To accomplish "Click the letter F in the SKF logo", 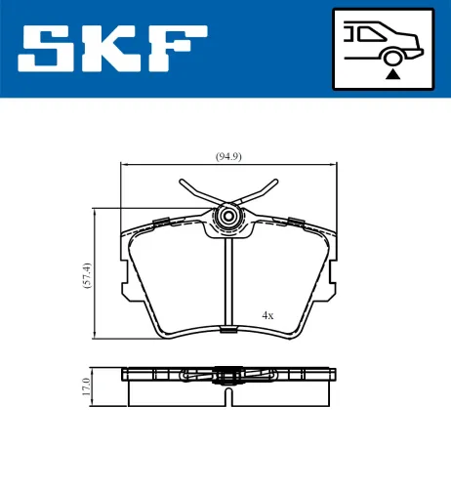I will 177,49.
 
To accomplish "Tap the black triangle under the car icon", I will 391,71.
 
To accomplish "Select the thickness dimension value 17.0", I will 87,386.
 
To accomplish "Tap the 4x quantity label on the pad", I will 267,315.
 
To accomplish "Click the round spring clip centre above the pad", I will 229,216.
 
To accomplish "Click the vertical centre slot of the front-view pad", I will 229,283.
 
